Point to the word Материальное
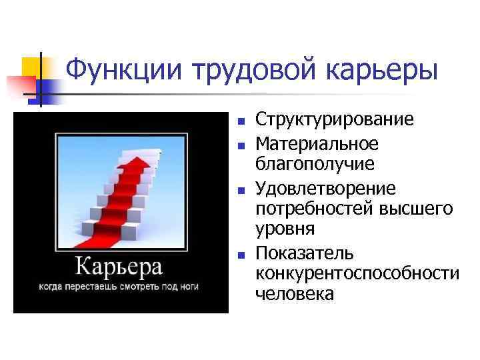coord(317,144)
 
